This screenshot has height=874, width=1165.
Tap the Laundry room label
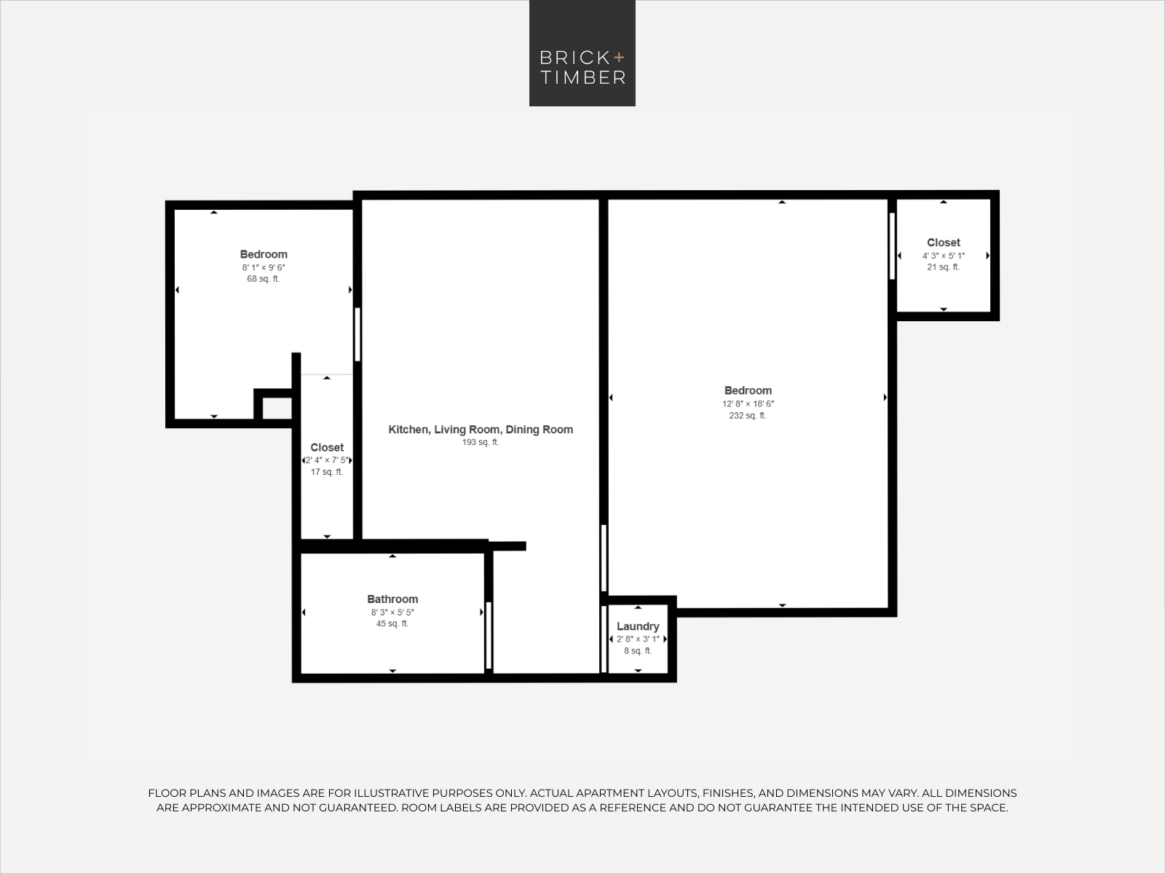click(638, 626)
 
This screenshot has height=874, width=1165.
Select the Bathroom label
click(392, 599)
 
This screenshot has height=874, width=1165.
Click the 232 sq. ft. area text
click(748, 416)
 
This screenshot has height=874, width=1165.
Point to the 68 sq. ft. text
click(263, 279)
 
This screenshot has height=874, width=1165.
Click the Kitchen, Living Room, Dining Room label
click(481, 430)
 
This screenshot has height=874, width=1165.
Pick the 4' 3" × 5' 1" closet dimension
click(944, 256)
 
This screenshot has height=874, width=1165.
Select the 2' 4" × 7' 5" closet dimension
click(327, 460)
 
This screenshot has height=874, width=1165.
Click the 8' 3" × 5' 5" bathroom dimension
click(392, 613)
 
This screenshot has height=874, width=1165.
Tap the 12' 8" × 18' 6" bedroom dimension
click(748, 403)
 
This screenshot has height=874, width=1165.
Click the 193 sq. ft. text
click(481, 442)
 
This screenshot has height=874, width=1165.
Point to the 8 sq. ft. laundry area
click(638, 651)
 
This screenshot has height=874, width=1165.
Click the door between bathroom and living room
click(489, 635)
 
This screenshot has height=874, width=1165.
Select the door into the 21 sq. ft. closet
click(892, 245)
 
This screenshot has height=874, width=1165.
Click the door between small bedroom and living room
click(358, 334)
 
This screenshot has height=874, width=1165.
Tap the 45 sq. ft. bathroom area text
click(392, 624)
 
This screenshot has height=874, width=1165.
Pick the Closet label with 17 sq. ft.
click(327, 448)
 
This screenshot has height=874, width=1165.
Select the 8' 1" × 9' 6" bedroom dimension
click(263, 267)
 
